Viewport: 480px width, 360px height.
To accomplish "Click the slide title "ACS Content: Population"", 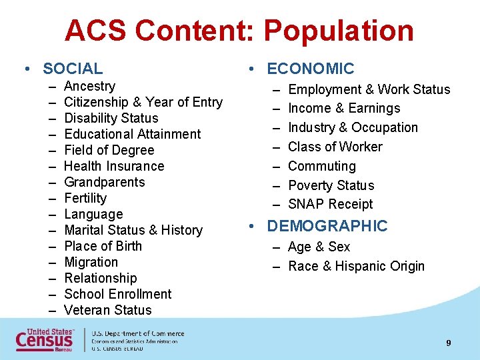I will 239,31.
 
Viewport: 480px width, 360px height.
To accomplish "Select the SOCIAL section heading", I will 73,69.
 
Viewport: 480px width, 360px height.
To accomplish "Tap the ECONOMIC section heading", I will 310,69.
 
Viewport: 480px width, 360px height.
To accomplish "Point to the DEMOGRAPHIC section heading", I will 327,226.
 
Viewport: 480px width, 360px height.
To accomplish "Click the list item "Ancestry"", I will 89,86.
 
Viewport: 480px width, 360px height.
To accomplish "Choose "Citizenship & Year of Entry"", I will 143,102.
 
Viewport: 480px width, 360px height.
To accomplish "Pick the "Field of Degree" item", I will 109,150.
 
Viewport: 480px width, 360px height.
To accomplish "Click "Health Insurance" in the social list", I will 114,166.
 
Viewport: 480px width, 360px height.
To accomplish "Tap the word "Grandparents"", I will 105,182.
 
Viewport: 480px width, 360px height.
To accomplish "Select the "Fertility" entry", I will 85,198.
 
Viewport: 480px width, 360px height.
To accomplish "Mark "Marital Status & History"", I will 133,230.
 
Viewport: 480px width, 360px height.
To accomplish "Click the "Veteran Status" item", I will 108,310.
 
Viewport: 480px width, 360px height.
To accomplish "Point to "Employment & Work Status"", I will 369,89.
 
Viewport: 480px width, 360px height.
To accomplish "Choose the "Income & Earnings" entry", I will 344,108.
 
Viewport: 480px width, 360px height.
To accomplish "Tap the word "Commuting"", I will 322,166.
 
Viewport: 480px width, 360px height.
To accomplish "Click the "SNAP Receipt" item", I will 331,204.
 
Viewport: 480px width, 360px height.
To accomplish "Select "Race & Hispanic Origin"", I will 356,266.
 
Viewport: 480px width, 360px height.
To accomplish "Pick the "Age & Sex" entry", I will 319,247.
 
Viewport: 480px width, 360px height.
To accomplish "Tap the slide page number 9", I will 449,343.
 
